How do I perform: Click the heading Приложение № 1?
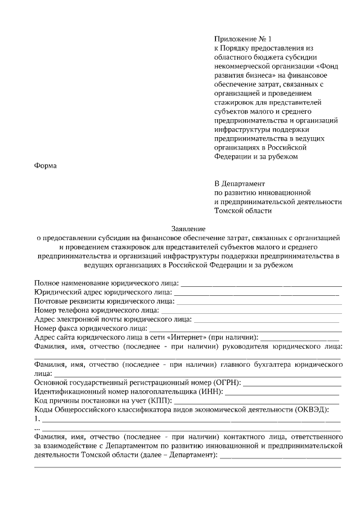click(242, 39)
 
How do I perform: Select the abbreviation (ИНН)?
click(209, 391)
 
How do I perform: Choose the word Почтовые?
click(51, 301)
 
